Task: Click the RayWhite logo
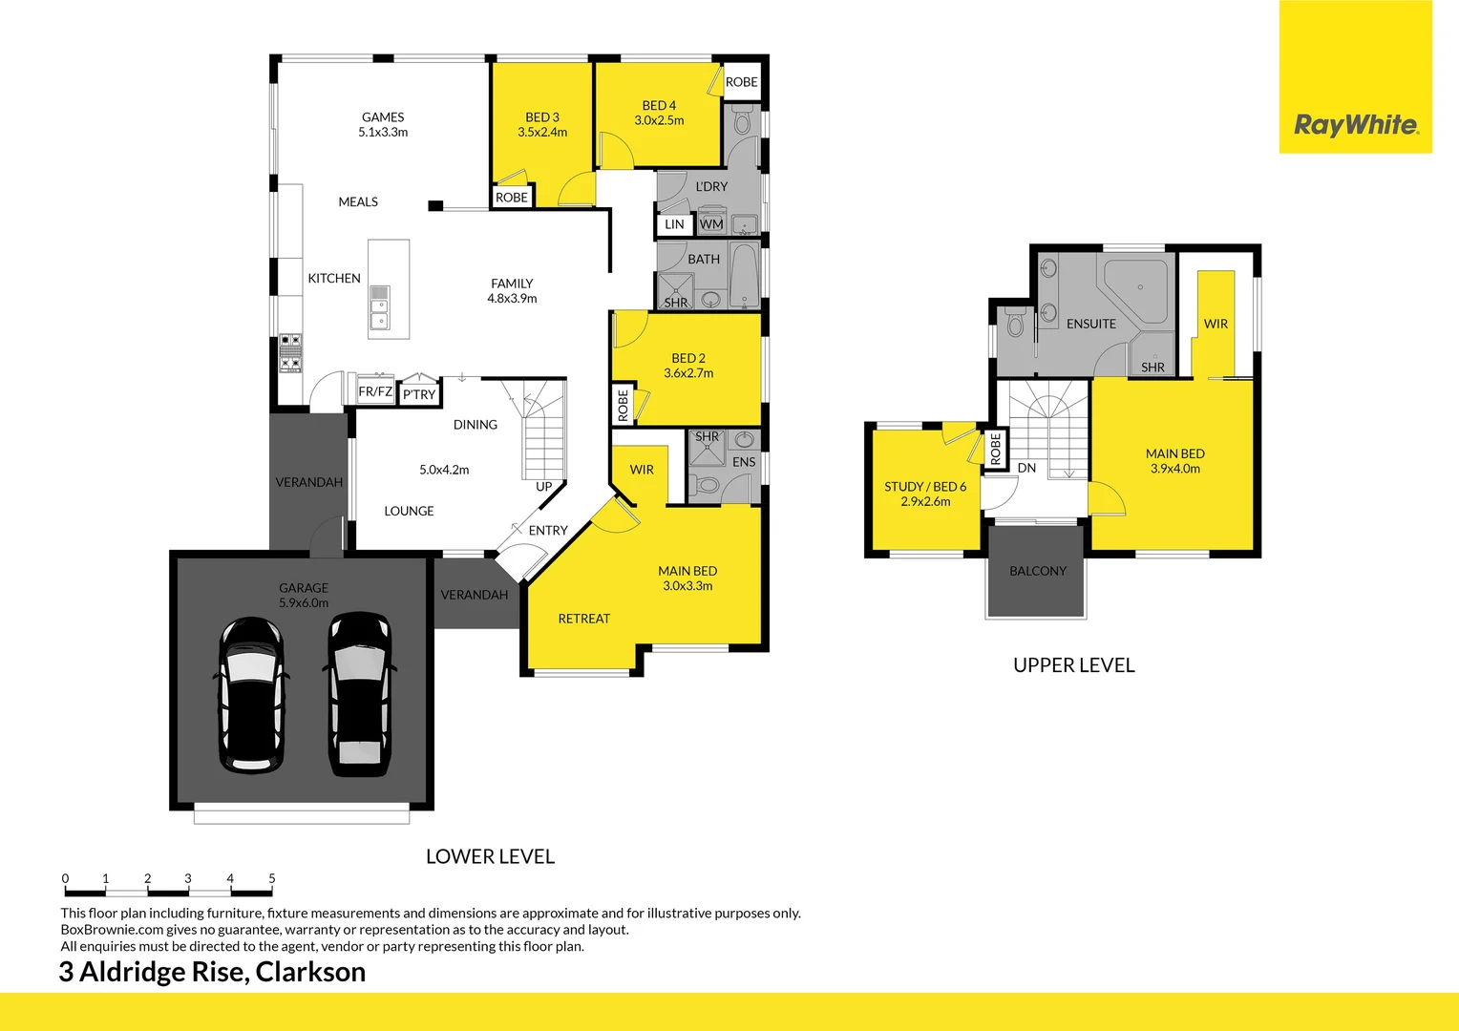[1355, 125]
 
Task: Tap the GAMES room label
[383, 117]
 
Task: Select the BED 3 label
[542, 117]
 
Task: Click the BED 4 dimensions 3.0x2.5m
[659, 120]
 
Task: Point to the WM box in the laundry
[711, 224]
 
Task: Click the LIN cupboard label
[674, 224]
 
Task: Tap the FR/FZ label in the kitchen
[375, 391]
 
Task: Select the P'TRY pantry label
[419, 394]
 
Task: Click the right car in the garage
[359, 692]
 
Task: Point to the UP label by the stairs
[544, 487]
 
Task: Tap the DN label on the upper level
[1026, 468]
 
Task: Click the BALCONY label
[1038, 571]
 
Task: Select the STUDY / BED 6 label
[925, 487]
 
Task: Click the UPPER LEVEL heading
[1073, 665]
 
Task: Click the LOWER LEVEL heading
[490, 856]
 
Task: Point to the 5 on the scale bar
[272, 878]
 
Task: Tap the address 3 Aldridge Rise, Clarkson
[212, 972]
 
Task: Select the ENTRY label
[548, 531]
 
